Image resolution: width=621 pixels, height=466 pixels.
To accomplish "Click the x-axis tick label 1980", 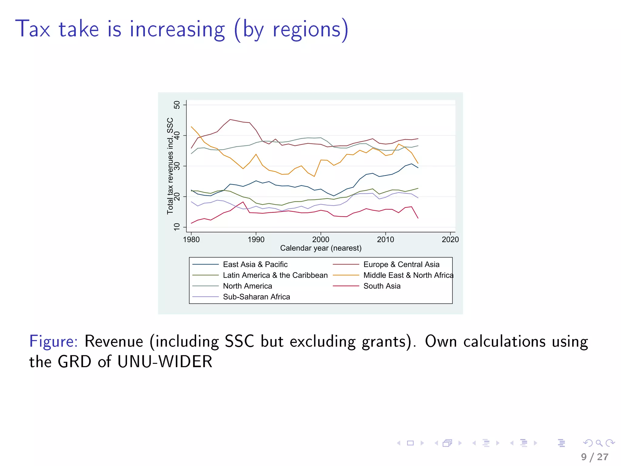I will click(191, 240).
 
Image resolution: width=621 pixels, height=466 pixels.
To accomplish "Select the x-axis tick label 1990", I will click(256, 240).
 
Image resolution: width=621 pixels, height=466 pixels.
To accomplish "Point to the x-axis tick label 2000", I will click(321, 240).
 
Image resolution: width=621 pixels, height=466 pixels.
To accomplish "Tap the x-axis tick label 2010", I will click(385, 240).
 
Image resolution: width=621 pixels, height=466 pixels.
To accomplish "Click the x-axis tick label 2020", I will click(450, 240).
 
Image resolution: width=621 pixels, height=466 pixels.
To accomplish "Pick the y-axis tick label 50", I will click(176, 105).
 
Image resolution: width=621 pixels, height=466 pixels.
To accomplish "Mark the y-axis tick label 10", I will click(176, 227).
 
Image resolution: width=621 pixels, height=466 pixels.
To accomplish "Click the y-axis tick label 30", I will click(176, 166).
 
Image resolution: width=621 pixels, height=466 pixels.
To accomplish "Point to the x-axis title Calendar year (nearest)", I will click(321, 248).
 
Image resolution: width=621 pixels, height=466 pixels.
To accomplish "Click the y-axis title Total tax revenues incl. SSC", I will click(170, 166).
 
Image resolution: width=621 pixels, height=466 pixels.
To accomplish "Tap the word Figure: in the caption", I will click(54, 341).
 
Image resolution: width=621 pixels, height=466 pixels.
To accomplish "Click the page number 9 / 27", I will click(595, 457).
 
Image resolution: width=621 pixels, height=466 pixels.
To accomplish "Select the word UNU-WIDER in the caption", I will click(165, 362).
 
